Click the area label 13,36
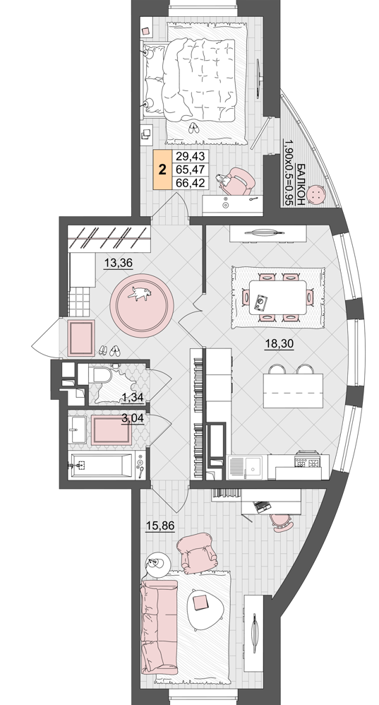[118, 263]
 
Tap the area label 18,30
[279, 344]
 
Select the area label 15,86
[160, 525]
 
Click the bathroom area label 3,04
[133, 418]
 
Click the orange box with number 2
[162, 170]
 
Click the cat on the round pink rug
[140, 293]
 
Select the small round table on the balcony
[318, 195]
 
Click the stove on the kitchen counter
[307, 461]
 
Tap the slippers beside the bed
[193, 128]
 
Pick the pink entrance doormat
[81, 338]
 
